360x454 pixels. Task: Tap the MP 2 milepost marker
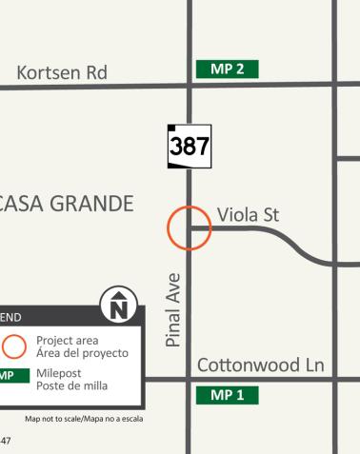click(227, 69)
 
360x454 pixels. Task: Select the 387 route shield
click(189, 147)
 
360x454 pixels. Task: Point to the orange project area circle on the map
click(189, 228)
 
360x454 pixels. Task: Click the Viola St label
click(247, 214)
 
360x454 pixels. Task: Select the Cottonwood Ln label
click(261, 365)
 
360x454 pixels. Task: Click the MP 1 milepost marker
click(227, 394)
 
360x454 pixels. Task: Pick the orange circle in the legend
click(13, 345)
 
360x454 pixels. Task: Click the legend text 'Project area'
click(68, 340)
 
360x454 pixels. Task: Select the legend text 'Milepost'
click(60, 372)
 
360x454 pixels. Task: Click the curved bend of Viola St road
click(291, 244)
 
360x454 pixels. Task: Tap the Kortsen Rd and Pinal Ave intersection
click(189, 86)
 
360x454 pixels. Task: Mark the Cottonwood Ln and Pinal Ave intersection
click(189, 379)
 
